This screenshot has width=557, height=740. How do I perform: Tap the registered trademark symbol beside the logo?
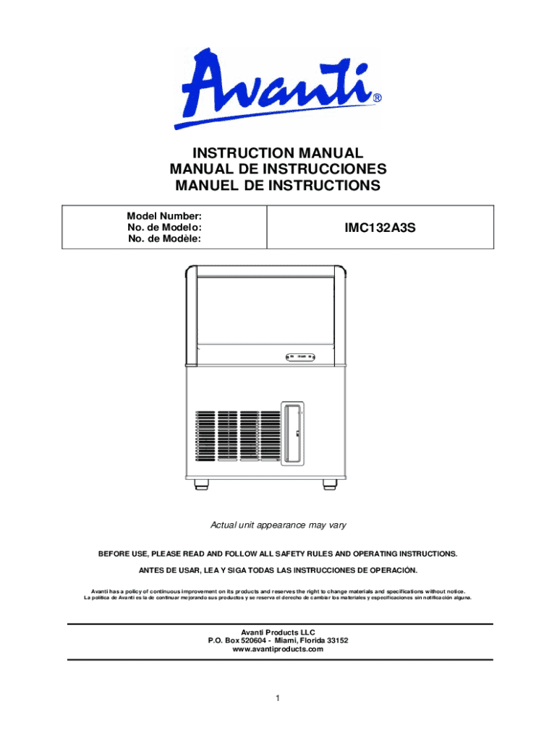pos(378,98)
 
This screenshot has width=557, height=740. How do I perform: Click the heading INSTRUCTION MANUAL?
pos(277,153)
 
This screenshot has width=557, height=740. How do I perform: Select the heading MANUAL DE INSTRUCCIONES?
pos(278,170)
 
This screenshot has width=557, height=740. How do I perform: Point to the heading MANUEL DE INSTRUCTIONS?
pos(278,186)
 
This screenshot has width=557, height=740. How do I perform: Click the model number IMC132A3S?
pos(381,227)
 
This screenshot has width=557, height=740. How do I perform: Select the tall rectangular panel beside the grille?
pos(294,432)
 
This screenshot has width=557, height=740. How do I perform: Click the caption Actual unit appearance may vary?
pos(278,525)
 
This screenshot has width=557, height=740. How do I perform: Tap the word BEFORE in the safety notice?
pos(114,554)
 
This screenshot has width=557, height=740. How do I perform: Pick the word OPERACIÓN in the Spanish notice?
pos(391,570)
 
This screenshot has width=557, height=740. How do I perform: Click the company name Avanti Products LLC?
pos(278,632)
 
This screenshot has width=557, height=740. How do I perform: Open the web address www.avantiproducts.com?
pos(278,650)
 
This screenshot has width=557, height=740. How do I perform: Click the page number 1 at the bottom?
pos(278,698)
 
